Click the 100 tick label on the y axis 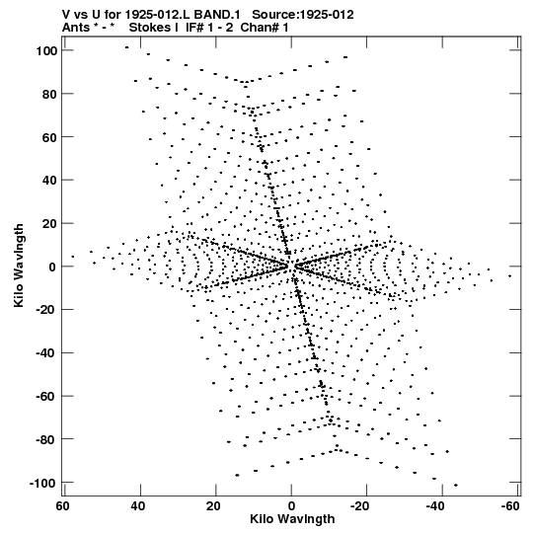point(45,50)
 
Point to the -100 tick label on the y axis point(42,483)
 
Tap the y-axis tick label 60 point(49,137)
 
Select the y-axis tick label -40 point(45,353)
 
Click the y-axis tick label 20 point(49,224)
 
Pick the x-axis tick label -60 point(510,506)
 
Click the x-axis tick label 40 point(138,506)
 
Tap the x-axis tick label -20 point(359,506)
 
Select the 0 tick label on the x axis point(291,506)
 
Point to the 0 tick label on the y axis point(52,267)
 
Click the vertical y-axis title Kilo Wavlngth point(19,266)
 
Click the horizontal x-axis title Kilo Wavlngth point(292,519)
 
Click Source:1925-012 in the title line point(303,15)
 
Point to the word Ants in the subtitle point(75,28)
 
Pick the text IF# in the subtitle point(194,28)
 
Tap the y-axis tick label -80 point(45,439)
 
